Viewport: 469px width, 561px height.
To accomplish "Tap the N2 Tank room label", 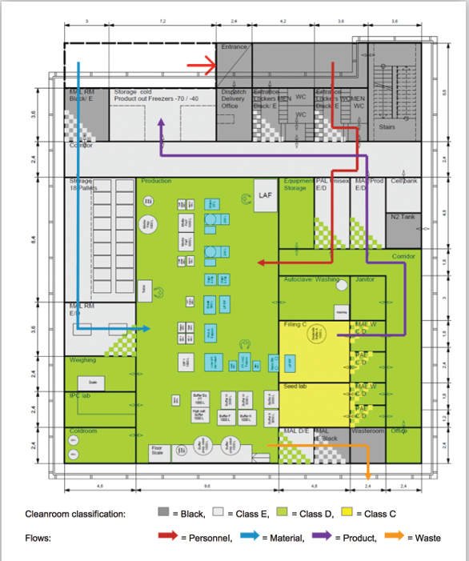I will pyautogui.click(x=403, y=217).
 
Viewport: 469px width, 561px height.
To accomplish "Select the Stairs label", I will pyautogui.click(x=387, y=126).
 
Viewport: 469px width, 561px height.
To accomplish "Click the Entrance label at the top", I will pyautogui.click(x=234, y=48).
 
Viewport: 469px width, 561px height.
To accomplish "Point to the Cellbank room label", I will pyautogui.click(x=403, y=181).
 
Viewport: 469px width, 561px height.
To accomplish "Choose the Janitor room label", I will pyautogui.click(x=365, y=279).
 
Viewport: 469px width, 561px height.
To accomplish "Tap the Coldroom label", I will pyautogui.click(x=83, y=431).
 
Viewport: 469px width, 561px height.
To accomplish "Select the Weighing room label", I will pyautogui.click(x=83, y=360).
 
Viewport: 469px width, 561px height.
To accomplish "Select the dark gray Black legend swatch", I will pyautogui.click(x=163, y=514).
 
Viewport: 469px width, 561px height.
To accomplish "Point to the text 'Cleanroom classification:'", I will pyautogui.click(x=74, y=514).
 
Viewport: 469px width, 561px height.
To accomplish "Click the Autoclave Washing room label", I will pyautogui.click(x=312, y=279).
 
